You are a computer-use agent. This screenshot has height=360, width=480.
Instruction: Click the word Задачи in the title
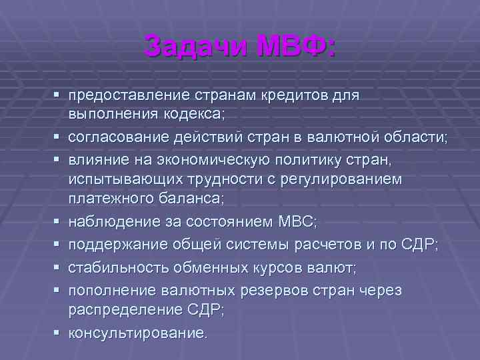click(x=189, y=46)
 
